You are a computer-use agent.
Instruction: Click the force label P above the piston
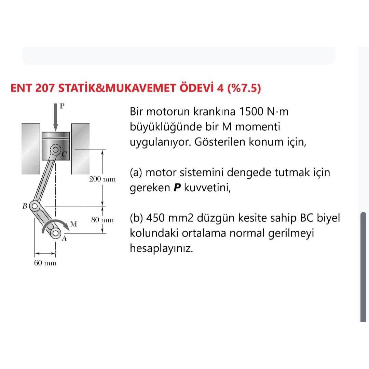coord(61,106)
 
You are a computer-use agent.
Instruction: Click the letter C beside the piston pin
coord(64,154)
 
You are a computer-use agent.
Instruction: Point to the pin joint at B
coord(34,206)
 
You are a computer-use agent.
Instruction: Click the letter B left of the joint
coord(25,206)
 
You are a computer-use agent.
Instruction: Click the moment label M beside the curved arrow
coord(73,224)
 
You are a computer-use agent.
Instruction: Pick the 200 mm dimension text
coord(102,179)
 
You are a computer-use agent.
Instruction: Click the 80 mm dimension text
coord(102,220)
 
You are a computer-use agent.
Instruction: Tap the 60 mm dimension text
coord(45,263)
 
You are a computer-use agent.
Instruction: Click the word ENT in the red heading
coord(22,88)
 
